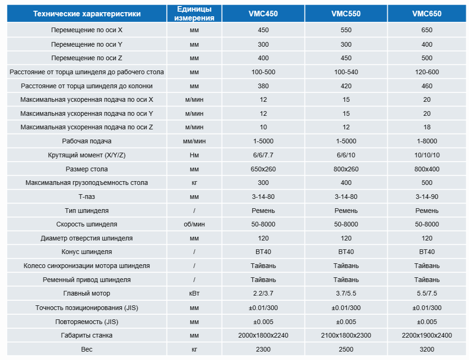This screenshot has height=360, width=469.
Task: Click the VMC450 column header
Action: click(x=263, y=14)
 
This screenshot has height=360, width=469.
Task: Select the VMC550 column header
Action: click(x=346, y=14)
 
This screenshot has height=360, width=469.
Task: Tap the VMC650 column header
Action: click(x=427, y=14)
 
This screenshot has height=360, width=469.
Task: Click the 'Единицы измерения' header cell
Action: click(x=194, y=14)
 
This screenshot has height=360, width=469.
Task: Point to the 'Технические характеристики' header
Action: click(x=87, y=14)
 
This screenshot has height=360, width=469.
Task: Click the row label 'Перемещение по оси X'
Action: click(x=87, y=30)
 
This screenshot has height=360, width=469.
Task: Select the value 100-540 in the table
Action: click(x=346, y=72)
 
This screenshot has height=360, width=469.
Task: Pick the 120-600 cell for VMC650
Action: click(x=427, y=72)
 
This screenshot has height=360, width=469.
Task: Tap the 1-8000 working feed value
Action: click(x=427, y=141)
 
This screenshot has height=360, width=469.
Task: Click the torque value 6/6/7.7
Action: click(x=263, y=155)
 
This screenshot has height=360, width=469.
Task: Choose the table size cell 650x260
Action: click(x=263, y=169)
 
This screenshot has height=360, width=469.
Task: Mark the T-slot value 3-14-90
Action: click(x=427, y=197)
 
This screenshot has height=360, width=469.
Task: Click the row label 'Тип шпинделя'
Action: click(x=87, y=211)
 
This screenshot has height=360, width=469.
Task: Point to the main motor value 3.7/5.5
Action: click(x=346, y=294)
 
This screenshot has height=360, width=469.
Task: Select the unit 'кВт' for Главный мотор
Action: click(x=194, y=294)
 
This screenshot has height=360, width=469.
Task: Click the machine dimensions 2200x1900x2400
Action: click(x=427, y=335)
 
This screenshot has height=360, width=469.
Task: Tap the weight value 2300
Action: click(x=263, y=349)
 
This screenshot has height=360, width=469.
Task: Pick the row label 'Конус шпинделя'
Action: click(x=87, y=252)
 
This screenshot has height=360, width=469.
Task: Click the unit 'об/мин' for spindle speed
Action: click(x=194, y=224)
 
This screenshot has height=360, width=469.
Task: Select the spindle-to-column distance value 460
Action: click(x=427, y=86)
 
